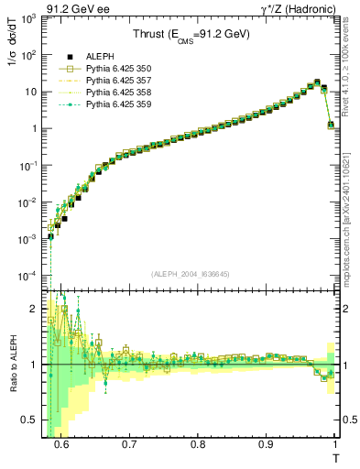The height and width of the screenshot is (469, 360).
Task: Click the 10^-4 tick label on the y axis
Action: pos(31,276)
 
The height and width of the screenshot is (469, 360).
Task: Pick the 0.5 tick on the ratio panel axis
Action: pos(34,420)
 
